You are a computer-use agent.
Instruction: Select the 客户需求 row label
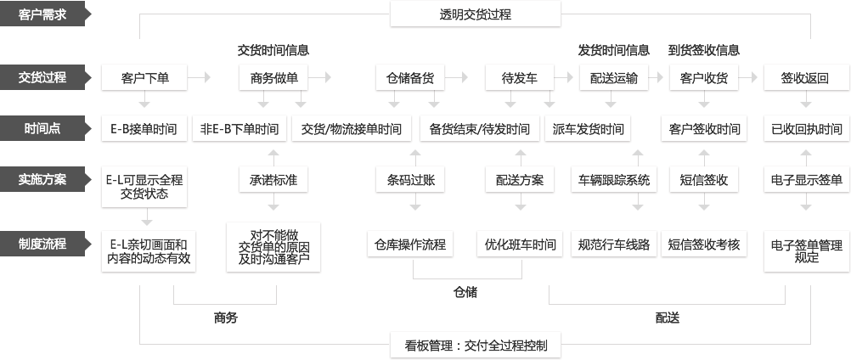42,14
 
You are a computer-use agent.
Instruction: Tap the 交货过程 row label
42,77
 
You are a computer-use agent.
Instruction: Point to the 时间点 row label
42,129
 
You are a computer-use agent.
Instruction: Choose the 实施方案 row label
42,180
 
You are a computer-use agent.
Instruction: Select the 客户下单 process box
145,78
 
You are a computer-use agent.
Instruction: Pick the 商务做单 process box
273,78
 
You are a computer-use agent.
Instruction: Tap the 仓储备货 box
410,78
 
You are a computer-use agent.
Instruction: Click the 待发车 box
519,78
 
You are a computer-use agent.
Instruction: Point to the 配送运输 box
613,78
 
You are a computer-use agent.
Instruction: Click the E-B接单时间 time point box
144,130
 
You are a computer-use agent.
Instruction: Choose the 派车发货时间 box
587,130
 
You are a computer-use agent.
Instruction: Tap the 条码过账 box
411,180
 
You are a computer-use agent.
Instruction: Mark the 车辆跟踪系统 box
613,180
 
